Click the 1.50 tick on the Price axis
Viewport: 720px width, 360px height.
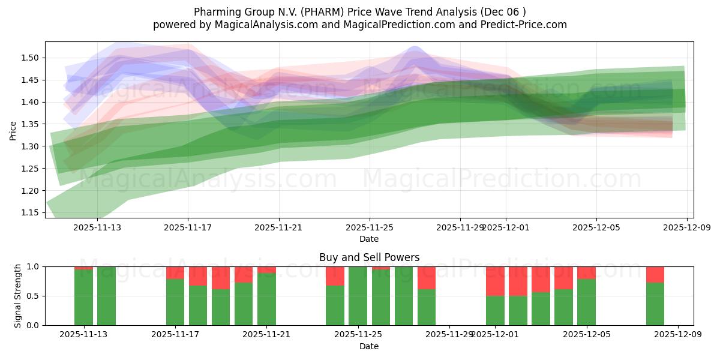31,58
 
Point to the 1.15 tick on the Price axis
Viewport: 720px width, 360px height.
31,213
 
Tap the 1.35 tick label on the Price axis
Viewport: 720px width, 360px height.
31,125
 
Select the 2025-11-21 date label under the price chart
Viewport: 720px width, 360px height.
278,228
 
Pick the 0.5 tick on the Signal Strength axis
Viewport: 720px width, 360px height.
32,296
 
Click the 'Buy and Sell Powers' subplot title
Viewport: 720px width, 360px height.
369,257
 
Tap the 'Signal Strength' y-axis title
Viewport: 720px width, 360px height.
18,296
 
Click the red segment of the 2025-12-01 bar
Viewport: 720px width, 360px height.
495,281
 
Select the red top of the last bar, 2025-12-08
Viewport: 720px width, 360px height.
655,274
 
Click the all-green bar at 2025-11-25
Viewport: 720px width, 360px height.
358,296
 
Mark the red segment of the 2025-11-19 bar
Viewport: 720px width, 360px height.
221,278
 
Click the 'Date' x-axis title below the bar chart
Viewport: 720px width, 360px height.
369,346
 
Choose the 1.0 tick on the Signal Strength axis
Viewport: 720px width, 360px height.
32,266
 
